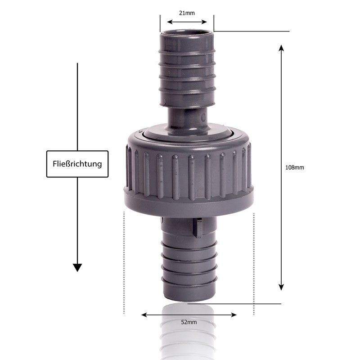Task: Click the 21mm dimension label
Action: [187, 13]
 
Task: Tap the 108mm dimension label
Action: [295, 167]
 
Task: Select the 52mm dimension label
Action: [189, 322]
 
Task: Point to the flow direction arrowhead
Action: [77, 267]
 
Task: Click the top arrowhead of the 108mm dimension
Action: [281, 48]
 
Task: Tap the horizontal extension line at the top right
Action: [252, 31]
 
